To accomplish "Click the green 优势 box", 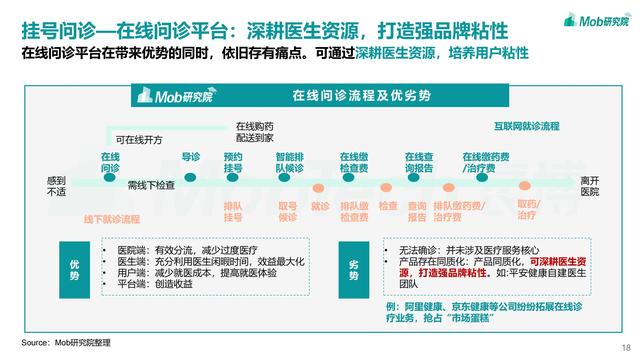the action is [x=74, y=263].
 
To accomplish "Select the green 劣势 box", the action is [x=352, y=263].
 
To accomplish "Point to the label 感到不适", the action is [x=56, y=185].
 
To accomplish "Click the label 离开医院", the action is [x=590, y=185].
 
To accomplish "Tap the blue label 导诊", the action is [x=191, y=157].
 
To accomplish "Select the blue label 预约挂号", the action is [x=233, y=163].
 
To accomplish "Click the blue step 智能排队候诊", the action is [x=290, y=163].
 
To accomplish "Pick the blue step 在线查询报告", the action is [x=418, y=163].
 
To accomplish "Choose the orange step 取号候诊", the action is [x=288, y=211].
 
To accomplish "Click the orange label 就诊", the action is [x=321, y=206].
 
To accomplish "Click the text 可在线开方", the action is [x=139, y=140].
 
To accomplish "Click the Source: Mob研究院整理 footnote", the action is [x=66, y=342].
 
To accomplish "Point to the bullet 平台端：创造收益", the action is [x=156, y=283].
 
